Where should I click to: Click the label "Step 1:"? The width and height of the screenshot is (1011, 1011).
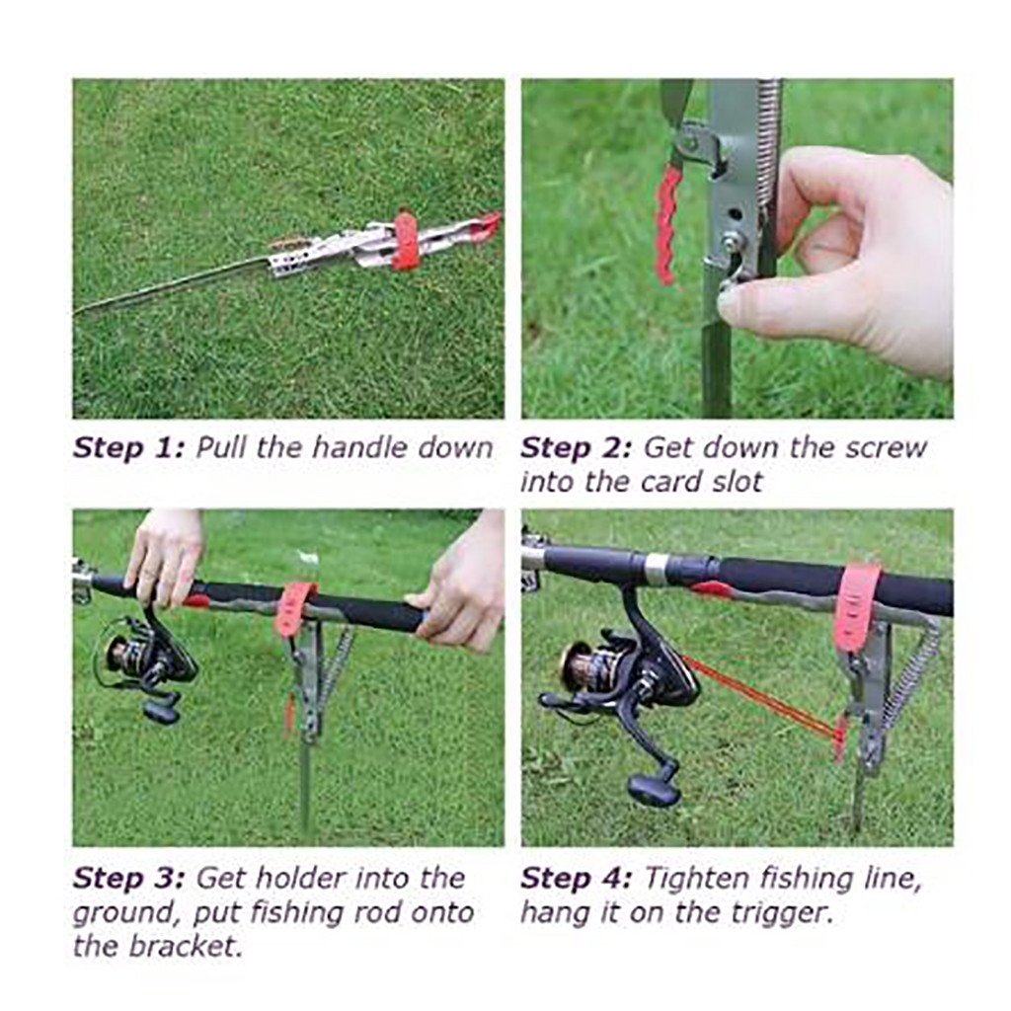pos(128,447)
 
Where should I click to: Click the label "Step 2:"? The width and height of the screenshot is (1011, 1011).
pos(576,447)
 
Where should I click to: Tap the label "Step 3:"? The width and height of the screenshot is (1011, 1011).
pos(128,878)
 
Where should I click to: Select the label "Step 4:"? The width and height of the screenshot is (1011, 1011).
pos(576,878)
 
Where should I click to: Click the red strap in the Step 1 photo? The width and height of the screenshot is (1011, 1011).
pos(405,240)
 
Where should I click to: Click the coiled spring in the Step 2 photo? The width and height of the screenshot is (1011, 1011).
pos(769,138)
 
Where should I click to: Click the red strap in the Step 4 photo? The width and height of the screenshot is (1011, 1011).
pos(856,607)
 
